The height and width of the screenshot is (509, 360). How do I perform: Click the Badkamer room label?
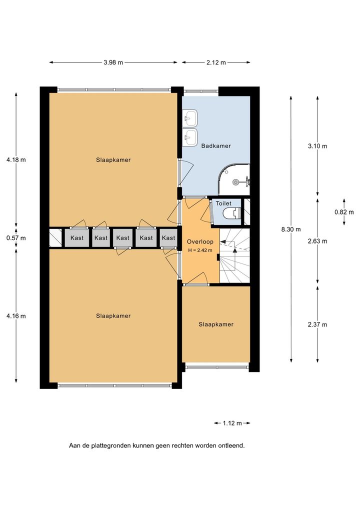pyautogui.click(x=216, y=146)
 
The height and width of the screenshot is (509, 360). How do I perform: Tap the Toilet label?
pyautogui.click(x=223, y=203)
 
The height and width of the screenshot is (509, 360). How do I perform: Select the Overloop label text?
pyautogui.click(x=200, y=242)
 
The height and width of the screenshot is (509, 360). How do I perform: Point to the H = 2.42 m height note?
pyautogui.click(x=200, y=250)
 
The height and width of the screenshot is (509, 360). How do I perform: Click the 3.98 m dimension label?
pyautogui.click(x=113, y=62)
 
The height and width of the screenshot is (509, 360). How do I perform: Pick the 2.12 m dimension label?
pyautogui.click(x=216, y=62)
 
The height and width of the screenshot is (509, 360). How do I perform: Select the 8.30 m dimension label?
pyautogui.click(x=291, y=229)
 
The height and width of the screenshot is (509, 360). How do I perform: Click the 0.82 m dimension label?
pyautogui.click(x=344, y=212)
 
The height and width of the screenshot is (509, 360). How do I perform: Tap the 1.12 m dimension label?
pyautogui.click(x=232, y=423)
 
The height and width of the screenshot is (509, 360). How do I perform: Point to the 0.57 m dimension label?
pyautogui.click(x=16, y=238)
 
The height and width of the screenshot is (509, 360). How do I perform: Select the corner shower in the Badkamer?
pyautogui.click(x=234, y=179)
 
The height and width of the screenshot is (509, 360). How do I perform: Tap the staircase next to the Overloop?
pyautogui.click(x=234, y=255)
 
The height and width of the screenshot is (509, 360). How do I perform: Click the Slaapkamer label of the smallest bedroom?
pyautogui.click(x=216, y=324)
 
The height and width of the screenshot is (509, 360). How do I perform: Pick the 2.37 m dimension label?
pyautogui.click(x=317, y=324)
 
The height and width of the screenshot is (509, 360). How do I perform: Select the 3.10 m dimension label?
pyautogui.click(x=317, y=146)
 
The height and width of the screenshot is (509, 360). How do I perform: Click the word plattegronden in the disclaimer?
pyautogui.click(x=111, y=445)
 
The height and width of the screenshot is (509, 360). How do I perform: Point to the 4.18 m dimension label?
pyautogui.click(x=16, y=159)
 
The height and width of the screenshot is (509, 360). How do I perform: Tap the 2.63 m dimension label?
pyautogui.click(x=317, y=241)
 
